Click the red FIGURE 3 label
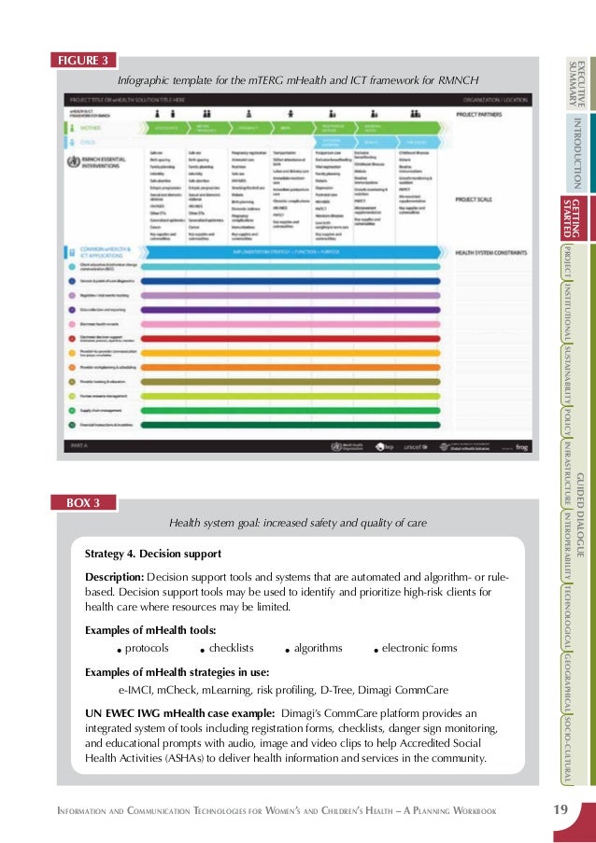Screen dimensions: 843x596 [84, 62]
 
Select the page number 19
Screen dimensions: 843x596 [560, 808]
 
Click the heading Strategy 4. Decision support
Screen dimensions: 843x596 [152, 554]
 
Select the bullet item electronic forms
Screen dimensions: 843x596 [419, 648]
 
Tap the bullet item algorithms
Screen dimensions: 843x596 [318, 648]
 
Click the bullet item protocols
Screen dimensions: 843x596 [147, 648]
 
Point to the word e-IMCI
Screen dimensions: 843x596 [136, 691]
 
